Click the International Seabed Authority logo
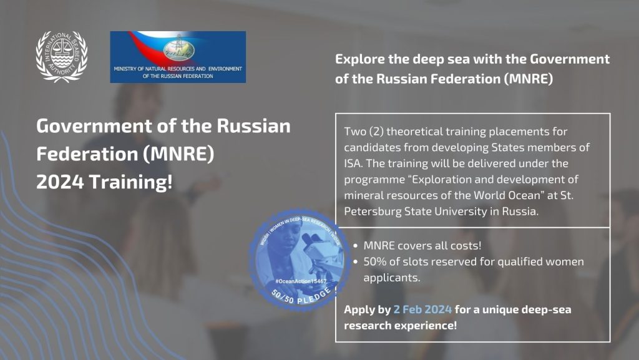[61, 56]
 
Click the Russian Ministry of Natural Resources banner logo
[178, 57]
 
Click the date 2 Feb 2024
[422, 310]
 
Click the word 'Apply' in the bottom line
[359, 310]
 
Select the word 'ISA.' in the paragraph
[354, 164]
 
